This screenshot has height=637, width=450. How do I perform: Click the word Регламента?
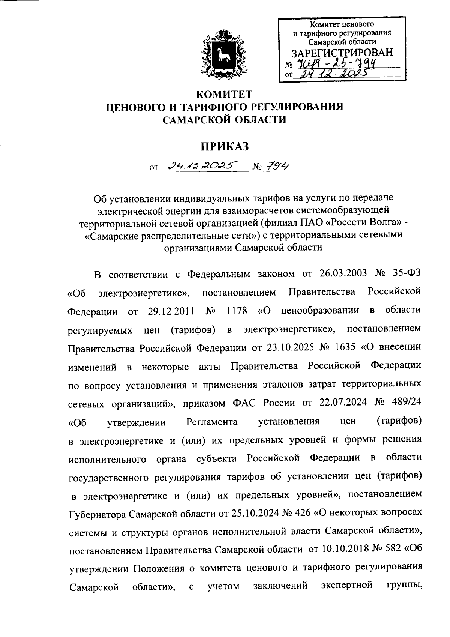(212, 422)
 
